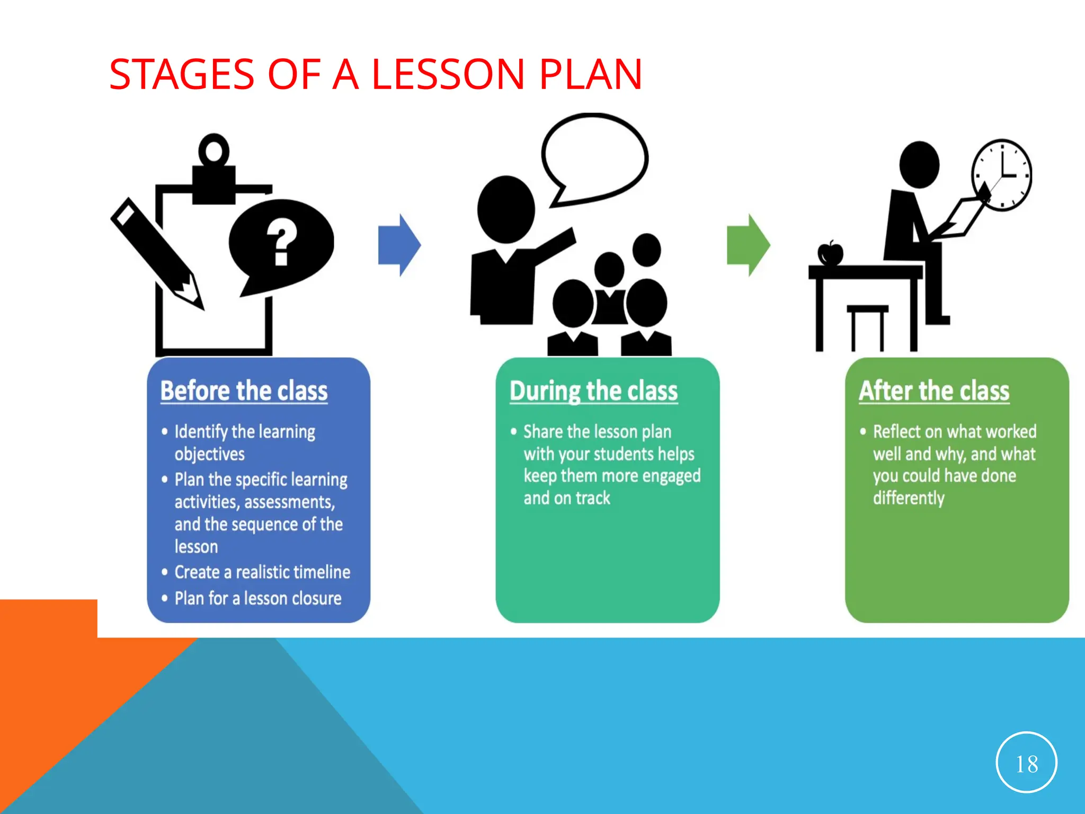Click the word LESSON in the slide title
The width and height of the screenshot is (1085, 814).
(448, 74)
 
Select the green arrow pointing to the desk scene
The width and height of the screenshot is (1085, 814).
(748, 245)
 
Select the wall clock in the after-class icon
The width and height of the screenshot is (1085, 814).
(1002, 175)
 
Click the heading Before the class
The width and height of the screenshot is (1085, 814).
(244, 391)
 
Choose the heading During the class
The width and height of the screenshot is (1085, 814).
(593, 391)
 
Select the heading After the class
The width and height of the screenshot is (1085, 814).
(934, 391)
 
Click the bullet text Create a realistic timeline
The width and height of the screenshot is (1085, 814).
(262, 572)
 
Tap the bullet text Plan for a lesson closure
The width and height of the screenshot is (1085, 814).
(258, 598)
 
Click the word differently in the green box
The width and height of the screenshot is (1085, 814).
(909, 498)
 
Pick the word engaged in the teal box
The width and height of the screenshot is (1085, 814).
(671, 476)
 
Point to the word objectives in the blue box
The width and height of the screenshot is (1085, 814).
(210, 454)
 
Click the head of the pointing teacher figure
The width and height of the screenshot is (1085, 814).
(506, 210)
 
